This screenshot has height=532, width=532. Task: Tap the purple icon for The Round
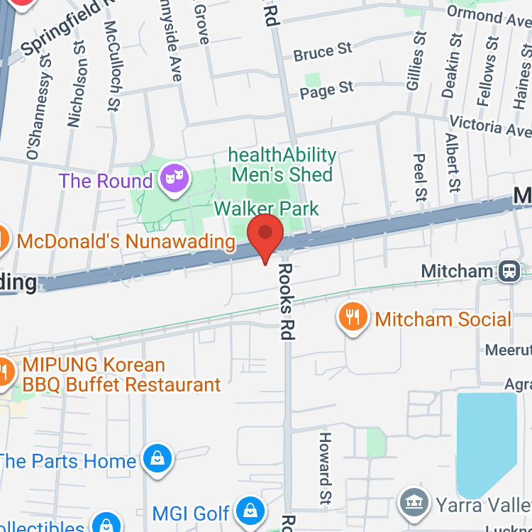point(173,178)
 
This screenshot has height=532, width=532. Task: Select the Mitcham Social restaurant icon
point(353,316)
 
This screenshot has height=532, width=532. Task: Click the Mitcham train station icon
point(509,271)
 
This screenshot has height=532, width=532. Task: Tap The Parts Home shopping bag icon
point(157,459)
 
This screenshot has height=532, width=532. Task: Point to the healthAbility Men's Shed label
point(282,164)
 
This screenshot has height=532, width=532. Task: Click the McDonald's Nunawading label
point(126,241)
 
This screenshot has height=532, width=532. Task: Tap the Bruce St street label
point(323,52)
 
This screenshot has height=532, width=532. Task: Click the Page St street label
point(326,89)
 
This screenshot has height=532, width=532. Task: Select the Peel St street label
point(420,177)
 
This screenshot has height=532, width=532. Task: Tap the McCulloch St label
point(111,66)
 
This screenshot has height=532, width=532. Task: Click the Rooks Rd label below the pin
point(287,301)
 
